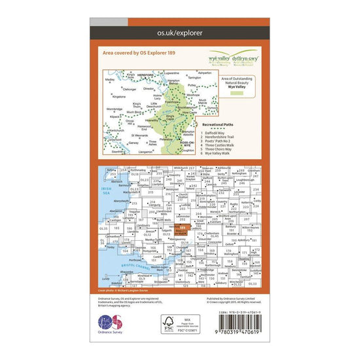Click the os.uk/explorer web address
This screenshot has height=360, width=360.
pos(179,31)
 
